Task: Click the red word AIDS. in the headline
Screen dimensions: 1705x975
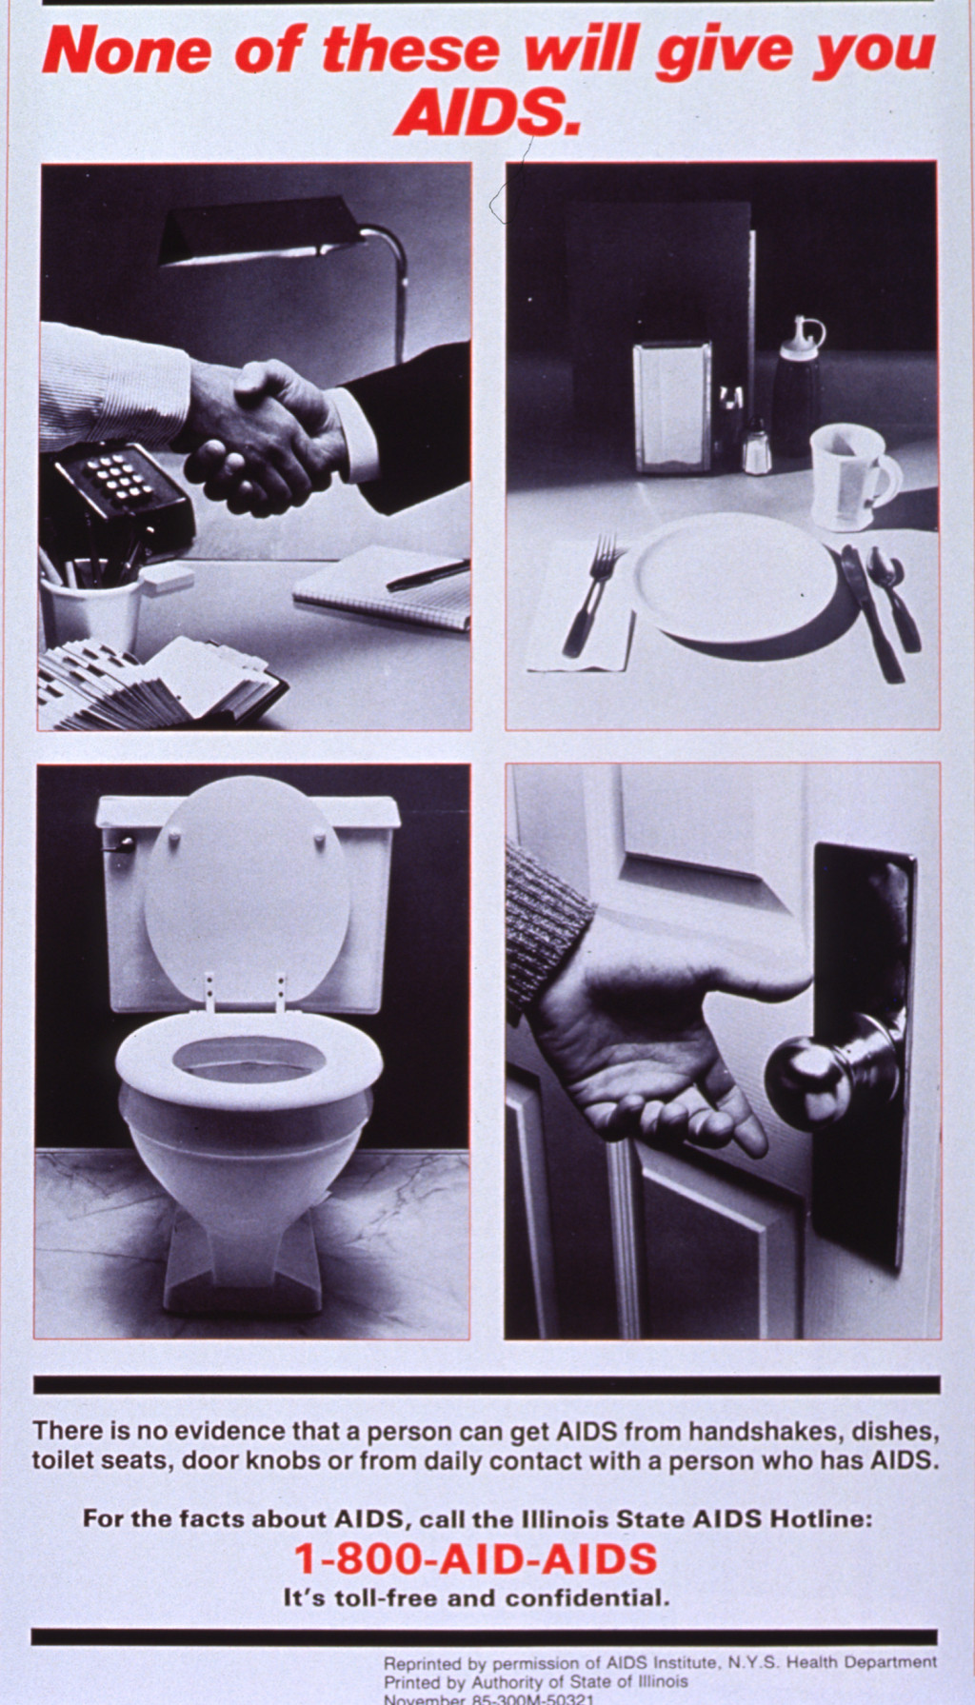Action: [x=487, y=113]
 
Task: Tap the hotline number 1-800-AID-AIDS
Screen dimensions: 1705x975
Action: [x=476, y=1559]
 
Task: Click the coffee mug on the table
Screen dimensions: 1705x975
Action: [x=850, y=476]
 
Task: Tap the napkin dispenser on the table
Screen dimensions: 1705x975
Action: [x=672, y=407]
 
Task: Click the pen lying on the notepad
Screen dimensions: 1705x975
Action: [x=426, y=576]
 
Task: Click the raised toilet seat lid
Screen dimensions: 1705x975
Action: [x=248, y=885]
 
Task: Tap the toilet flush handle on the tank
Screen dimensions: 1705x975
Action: [x=120, y=842]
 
